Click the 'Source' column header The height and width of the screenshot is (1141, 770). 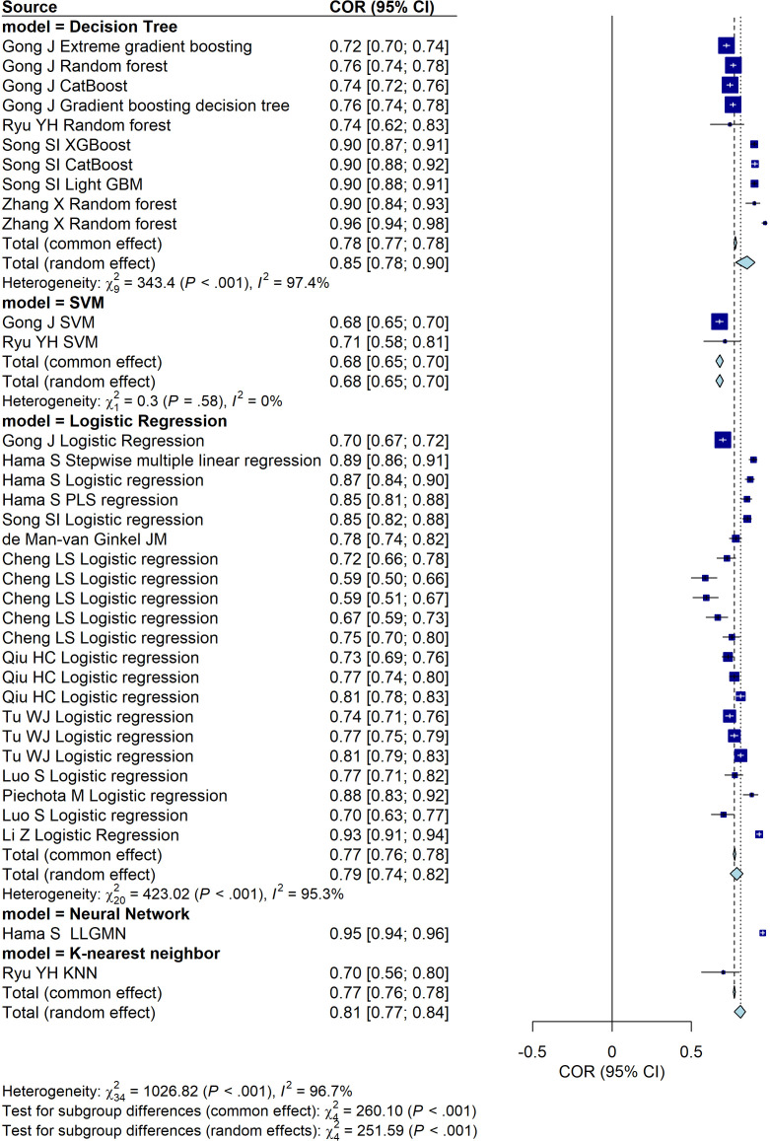[30, 7]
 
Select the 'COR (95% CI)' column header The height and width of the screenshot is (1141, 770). [383, 7]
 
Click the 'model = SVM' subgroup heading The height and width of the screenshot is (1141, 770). [53, 303]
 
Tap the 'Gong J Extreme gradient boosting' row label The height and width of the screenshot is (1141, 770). [127, 46]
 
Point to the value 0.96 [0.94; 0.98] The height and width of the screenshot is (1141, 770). [389, 224]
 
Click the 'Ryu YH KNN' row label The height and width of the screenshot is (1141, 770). [49, 973]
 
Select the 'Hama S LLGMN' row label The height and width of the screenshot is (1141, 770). [64, 934]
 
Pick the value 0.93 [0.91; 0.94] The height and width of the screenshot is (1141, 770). [389, 835]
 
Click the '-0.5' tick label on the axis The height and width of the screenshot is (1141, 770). [532, 1052]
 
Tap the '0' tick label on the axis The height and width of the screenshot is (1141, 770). [612, 1052]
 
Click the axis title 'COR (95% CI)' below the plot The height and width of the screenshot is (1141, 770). [612, 1072]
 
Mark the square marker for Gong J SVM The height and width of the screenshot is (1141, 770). [719, 321]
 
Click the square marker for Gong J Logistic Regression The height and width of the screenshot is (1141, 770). [723, 440]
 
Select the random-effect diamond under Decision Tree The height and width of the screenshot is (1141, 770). [745, 262]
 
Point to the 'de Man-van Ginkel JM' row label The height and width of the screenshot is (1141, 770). [85, 540]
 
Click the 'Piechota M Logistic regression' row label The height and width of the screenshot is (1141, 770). [115, 796]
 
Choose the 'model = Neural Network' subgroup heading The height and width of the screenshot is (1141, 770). [96, 914]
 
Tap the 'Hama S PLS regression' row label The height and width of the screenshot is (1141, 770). [91, 501]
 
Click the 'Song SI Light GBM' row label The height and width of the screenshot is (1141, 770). [73, 184]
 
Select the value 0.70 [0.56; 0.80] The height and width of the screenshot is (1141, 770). [389, 973]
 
